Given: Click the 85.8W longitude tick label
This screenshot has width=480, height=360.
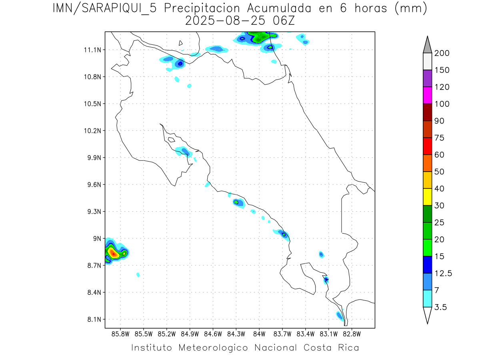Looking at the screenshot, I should click(x=121, y=334).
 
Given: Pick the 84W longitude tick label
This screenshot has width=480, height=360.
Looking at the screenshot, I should click(x=259, y=334).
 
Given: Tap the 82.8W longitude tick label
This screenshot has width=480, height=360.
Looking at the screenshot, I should click(x=352, y=334).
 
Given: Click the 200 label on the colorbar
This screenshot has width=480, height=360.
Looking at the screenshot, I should click(x=442, y=53).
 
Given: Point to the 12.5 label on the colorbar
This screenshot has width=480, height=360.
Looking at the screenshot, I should click(x=443, y=273).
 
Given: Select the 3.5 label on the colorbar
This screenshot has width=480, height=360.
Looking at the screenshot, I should click(x=441, y=307).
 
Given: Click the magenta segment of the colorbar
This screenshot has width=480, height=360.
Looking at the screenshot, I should click(x=427, y=95).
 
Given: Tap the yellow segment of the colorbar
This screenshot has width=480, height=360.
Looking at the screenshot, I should click(x=427, y=197).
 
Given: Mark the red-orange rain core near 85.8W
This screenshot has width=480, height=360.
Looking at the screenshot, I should click(x=114, y=253).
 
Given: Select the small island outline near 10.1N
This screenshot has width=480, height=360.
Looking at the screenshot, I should click(x=171, y=140).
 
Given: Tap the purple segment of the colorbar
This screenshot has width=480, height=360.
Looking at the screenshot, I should click(x=427, y=78).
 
